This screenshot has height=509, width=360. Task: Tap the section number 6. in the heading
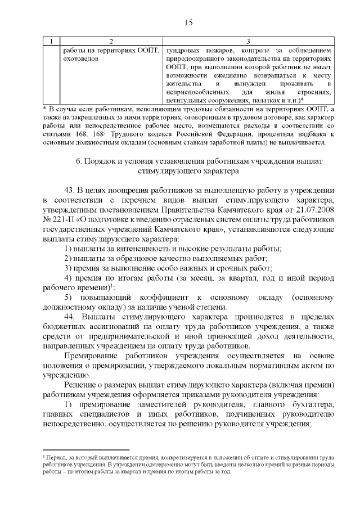click(x=78, y=162)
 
